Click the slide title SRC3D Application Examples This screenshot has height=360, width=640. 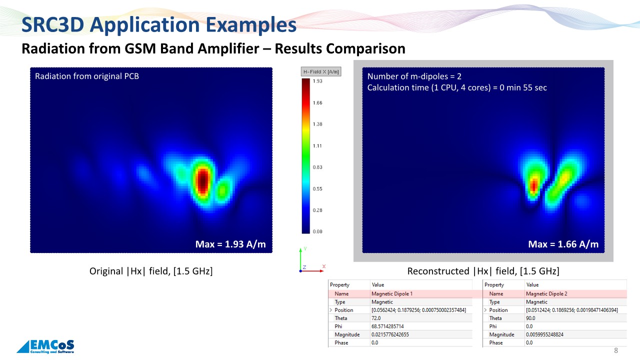point(159,25)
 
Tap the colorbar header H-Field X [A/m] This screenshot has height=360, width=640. point(321,71)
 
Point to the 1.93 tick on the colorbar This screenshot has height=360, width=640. point(317,81)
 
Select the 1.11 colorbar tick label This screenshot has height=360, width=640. point(317,145)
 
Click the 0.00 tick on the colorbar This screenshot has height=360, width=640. point(317,231)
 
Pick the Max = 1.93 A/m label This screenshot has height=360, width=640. point(230,244)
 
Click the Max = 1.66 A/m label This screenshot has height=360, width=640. point(563,244)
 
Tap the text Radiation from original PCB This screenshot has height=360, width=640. point(87,76)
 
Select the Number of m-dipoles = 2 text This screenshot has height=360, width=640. point(414,76)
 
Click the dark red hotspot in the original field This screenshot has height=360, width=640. point(203,180)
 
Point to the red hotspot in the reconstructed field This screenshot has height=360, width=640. point(534,185)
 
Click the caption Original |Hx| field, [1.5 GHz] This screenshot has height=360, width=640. point(151,271)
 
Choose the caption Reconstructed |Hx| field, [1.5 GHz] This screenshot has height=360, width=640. point(483,271)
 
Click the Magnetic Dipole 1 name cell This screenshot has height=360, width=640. point(392,293)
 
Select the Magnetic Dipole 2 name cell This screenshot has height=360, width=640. point(546,293)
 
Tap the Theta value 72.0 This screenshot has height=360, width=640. point(376,318)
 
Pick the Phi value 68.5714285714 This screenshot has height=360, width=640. point(387,326)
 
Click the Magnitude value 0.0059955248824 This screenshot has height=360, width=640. point(544,334)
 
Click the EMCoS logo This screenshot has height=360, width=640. point(45,346)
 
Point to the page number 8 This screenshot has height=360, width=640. point(616,350)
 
